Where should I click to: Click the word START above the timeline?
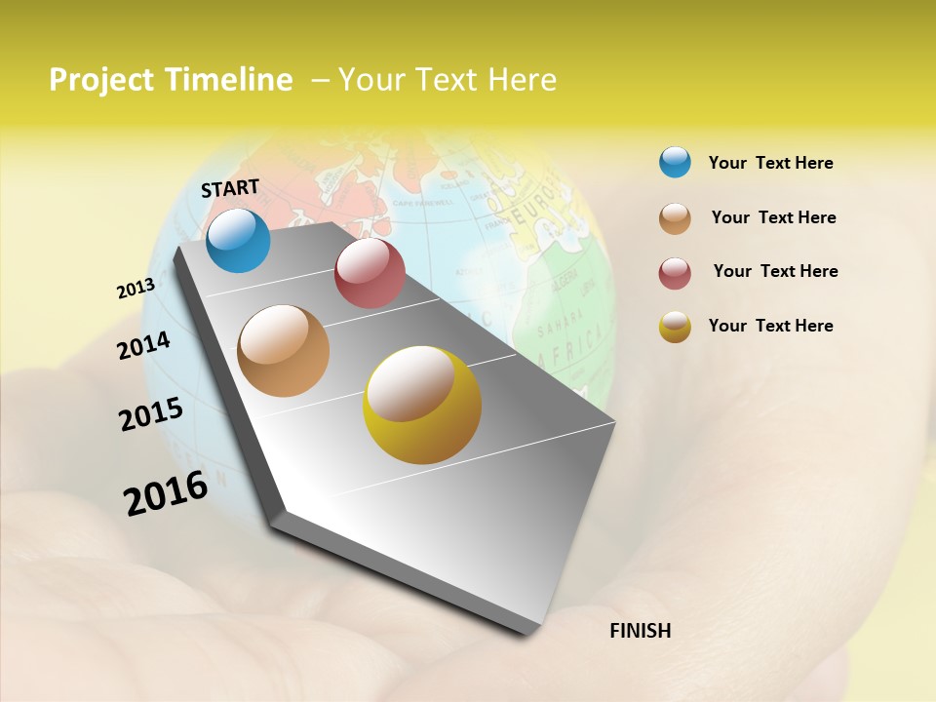(230, 188)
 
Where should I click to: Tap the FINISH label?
(640, 631)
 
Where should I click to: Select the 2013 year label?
(136, 289)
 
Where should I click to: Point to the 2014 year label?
(144, 345)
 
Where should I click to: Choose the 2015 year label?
(151, 414)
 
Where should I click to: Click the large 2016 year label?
(166, 493)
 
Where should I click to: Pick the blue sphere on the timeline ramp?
(238, 240)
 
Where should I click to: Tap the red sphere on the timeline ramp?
(370, 273)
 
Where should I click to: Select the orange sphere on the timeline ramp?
(284, 351)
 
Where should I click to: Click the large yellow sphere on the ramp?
(422, 405)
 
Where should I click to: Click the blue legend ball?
(675, 162)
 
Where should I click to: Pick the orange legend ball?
(675, 217)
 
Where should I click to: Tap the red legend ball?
(675, 272)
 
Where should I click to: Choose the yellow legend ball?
(675, 327)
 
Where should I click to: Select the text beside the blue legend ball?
(770, 163)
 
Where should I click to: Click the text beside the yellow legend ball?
(770, 326)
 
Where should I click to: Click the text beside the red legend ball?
(775, 271)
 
